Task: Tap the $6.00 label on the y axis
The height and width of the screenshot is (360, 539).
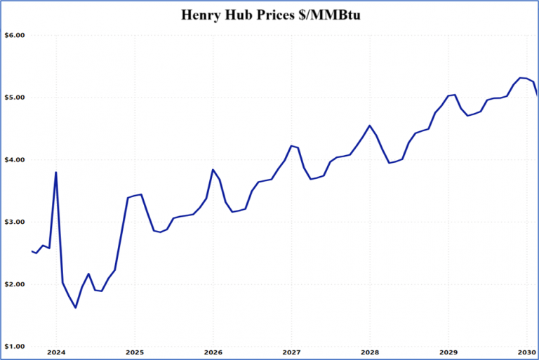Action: (14, 35)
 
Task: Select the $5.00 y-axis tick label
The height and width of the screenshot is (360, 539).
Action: (14, 98)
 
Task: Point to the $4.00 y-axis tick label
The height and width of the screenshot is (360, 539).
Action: (14, 160)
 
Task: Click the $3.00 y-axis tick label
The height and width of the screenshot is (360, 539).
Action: (14, 222)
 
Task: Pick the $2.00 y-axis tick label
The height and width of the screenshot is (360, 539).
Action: (14, 284)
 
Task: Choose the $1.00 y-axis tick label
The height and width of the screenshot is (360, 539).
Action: (14, 347)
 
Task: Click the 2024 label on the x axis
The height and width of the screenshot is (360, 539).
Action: (56, 353)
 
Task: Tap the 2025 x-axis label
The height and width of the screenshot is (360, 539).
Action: (135, 353)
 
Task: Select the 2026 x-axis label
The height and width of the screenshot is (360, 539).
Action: (213, 353)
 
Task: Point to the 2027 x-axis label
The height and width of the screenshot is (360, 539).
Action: (292, 353)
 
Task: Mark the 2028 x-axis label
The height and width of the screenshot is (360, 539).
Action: (370, 353)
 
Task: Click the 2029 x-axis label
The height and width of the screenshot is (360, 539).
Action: (448, 353)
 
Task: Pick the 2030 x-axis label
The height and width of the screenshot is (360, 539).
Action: (526, 353)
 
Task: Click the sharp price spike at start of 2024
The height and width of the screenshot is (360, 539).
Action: (56, 173)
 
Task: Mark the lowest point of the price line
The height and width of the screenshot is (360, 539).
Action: (75, 307)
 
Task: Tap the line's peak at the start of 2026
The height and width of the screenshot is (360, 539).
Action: (213, 170)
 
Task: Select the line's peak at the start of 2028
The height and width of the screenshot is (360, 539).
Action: (370, 126)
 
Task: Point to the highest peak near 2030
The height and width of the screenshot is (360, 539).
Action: (520, 78)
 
